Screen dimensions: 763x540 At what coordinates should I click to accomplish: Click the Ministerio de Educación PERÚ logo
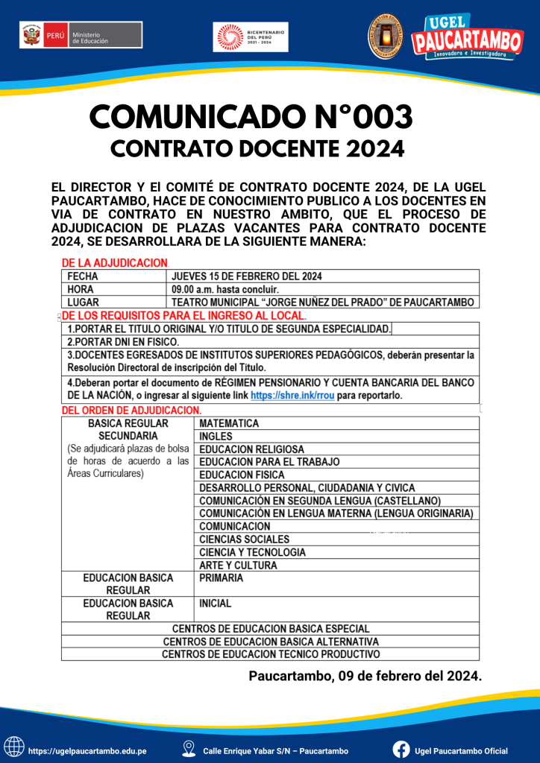pyautogui.click(x=81, y=35)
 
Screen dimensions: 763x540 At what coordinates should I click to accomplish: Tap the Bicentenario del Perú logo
pyautogui.click(x=251, y=37)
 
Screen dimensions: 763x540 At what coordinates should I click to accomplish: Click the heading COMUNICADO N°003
pyautogui.click(x=251, y=116)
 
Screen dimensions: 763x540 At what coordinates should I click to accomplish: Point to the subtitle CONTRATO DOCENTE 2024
pyautogui.click(x=257, y=149)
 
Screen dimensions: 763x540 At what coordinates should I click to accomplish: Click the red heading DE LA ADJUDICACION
pyautogui.click(x=114, y=263)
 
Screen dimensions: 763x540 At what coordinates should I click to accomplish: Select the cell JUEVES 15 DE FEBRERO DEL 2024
pyautogui.click(x=247, y=276)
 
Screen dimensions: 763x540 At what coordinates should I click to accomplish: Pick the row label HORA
pyautogui.click(x=81, y=289)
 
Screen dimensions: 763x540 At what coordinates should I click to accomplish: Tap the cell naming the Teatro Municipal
pyautogui.click(x=323, y=302)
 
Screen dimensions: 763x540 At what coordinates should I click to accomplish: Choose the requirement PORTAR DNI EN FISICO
pyautogui.click(x=123, y=341)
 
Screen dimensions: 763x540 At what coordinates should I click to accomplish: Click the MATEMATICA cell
pyautogui.click(x=229, y=423)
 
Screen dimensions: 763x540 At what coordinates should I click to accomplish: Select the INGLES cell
pyautogui.click(x=216, y=436)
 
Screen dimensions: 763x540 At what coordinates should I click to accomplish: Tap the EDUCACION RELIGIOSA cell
pyautogui.click(x=251, y=449)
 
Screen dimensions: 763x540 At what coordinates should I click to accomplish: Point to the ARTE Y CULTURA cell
pyautogui.click(x=238, y=565)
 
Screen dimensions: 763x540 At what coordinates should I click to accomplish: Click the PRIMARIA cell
pyautogui.click(x=221, y=577)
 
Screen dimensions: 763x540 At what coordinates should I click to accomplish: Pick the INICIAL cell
pyautogui.click(x=216, y=603)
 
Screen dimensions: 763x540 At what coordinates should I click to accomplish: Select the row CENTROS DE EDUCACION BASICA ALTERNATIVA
pyautogui.click(x=270, y=642)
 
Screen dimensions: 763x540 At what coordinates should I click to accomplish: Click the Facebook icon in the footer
pyautogui.click(x=401, y=750)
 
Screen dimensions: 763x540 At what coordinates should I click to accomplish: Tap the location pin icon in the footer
pyautogui.click(x=189, y=750)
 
